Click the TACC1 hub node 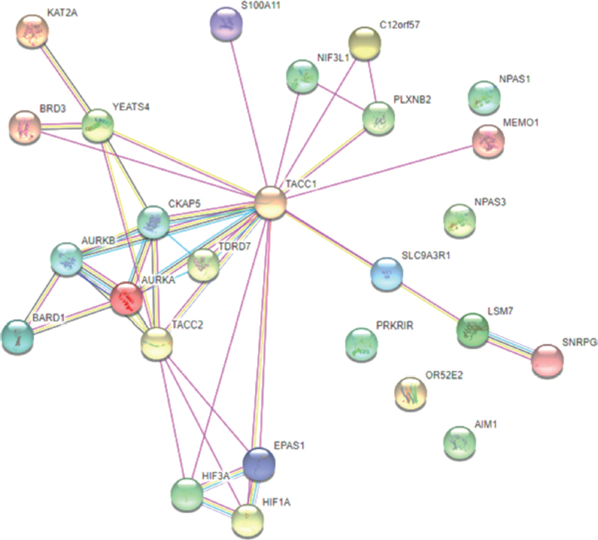point(269,201)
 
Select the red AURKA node point(128,299)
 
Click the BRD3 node point(25,126)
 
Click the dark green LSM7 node point(473,328)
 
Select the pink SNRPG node point(547,359)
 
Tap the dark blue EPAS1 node point(259,463)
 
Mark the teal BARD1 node point(16,334)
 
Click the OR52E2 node point(410,393)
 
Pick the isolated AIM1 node point(460,441)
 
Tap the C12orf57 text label point(399,24)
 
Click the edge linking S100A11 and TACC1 point(248,110)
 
